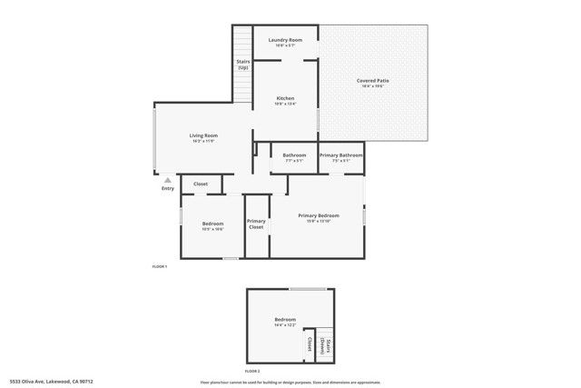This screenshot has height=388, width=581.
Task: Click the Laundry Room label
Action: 284,40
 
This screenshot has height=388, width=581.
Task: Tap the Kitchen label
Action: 285,98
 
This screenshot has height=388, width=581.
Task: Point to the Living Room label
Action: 203,135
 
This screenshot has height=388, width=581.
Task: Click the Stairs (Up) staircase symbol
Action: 242,42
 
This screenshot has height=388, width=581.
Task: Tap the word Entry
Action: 168,188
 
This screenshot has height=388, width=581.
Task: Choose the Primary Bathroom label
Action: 340,155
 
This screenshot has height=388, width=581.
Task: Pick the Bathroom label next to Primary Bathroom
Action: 294,155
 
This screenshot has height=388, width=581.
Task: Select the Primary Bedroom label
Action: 319,215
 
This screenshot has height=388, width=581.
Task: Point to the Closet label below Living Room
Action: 201,184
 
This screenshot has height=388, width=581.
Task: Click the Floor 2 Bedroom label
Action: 285,319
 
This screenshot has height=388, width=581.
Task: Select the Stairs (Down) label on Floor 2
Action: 328,346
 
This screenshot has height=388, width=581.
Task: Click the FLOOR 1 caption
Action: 159,266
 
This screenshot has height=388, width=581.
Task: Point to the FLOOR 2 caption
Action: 252,372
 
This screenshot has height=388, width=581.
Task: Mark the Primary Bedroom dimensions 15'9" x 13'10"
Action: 319,222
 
